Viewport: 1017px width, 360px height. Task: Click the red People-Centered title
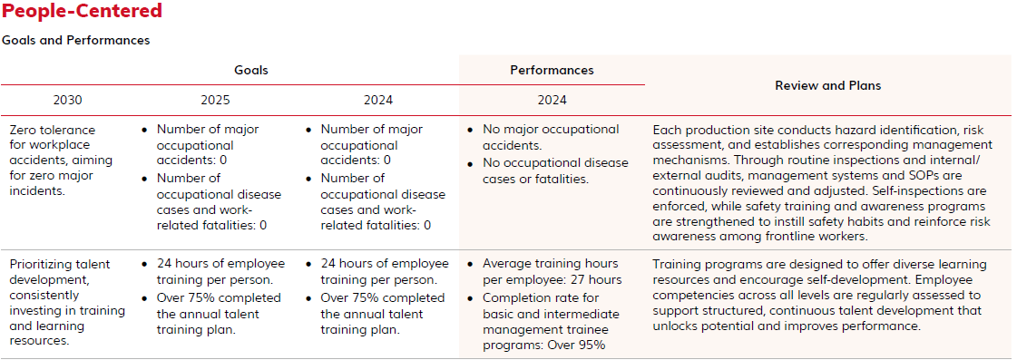[83, 11]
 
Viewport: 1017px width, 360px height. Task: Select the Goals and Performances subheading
[76, 40]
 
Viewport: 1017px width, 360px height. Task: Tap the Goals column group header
[251, 70]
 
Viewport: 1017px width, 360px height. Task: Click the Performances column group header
[552, 70]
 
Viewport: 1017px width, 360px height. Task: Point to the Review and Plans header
[828, 85]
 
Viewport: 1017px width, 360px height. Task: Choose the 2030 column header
[67, 101]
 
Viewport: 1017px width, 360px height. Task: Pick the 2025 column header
[215, 101]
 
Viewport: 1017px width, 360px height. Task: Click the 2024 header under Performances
[552, 101]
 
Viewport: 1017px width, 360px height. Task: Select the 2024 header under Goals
[378, 101]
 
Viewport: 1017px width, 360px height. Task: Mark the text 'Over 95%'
[582, 345]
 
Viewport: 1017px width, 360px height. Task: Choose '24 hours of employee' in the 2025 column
[220, 264]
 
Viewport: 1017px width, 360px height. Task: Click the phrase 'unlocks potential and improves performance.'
[787, 326]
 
